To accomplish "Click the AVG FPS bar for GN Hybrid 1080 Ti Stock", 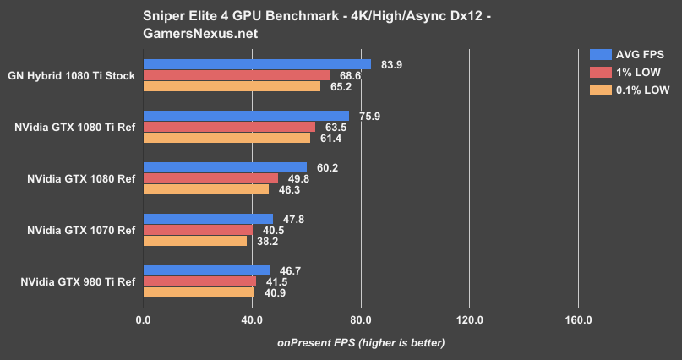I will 257,64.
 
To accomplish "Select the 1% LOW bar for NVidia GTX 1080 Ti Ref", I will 229,127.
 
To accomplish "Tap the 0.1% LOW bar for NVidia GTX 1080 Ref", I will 206,189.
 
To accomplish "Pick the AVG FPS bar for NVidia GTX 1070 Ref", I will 208,219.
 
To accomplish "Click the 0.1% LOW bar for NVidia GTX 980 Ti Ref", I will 199,292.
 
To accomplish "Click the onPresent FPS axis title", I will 361,342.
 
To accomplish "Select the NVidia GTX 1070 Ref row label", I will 81,230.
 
